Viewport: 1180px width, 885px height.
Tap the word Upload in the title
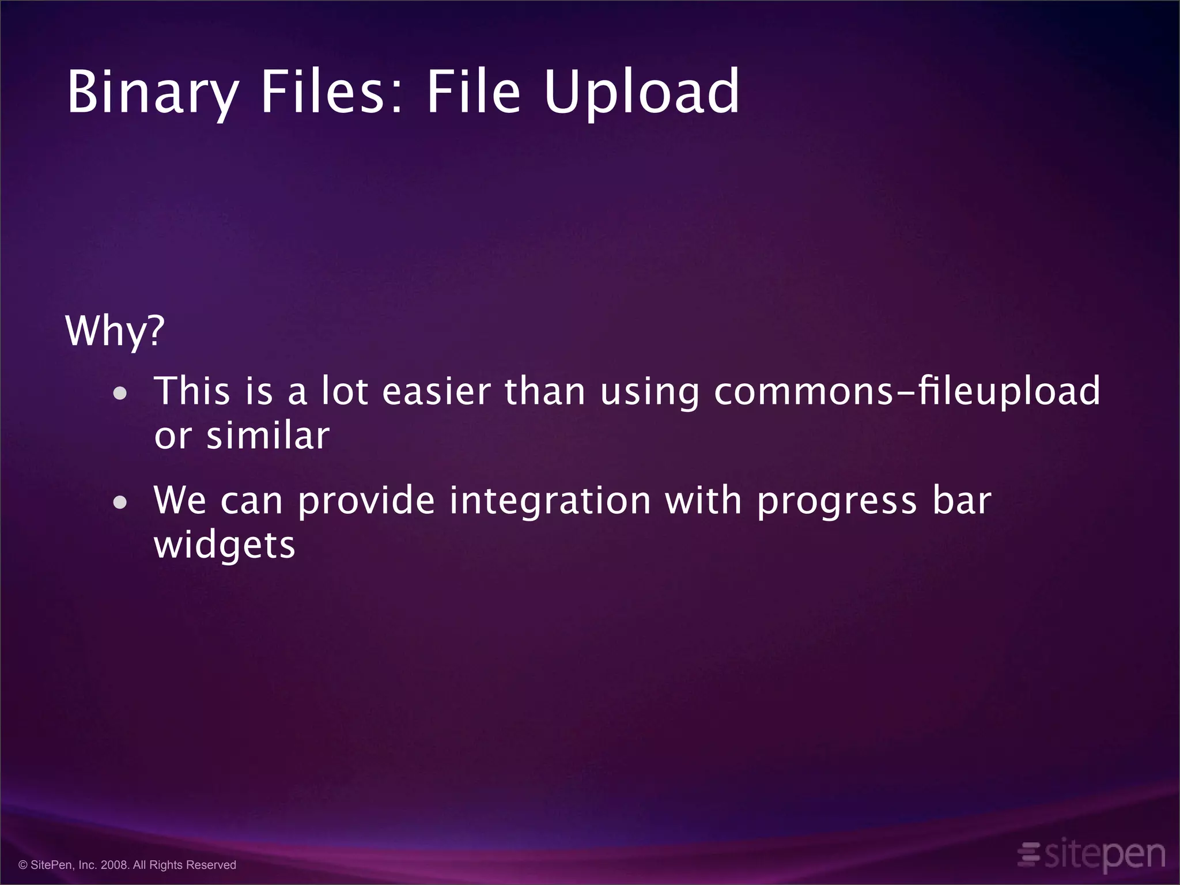coord(641,92)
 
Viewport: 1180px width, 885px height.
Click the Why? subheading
coord(115,331)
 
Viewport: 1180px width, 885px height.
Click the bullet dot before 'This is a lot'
coord(120,394)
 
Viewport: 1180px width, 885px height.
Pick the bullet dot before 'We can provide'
coord(120,502)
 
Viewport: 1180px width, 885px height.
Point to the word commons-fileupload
coord(907,392)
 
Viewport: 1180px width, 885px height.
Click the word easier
coord(436,391)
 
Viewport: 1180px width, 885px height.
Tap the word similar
coord(268,436)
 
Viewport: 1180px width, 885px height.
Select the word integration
coord(550,500)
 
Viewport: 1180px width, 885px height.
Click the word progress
coord(837,501)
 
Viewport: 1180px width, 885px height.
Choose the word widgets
coord(225,545)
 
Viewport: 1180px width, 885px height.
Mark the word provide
coord(366,500)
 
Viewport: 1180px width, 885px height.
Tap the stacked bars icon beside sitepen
coord(1029,854)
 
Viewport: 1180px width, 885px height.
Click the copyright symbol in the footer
coord(23,865)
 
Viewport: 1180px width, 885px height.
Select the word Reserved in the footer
coord(213,865)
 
